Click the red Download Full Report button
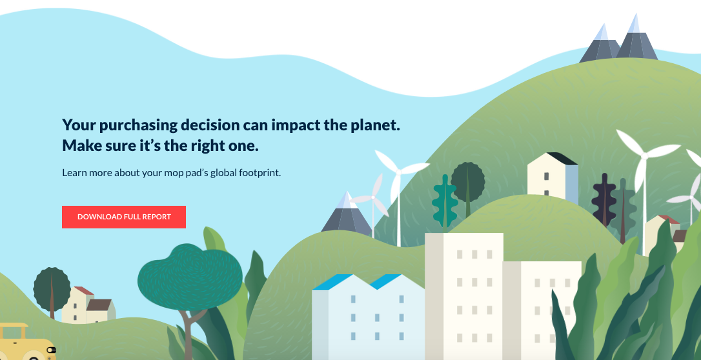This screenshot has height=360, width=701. [124, 217]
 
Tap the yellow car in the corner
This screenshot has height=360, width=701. [27, 343]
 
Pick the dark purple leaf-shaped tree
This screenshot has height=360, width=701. [604, 199]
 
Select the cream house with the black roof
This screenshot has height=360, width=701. [553, 178]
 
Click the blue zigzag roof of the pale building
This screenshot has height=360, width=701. [358, 281]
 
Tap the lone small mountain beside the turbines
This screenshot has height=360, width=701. [347, 213]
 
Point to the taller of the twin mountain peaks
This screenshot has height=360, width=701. [636, 39]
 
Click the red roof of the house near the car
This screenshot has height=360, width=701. [84, 291]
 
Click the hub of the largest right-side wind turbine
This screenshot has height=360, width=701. [644, 156]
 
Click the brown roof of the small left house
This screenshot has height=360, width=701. [99, 305]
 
